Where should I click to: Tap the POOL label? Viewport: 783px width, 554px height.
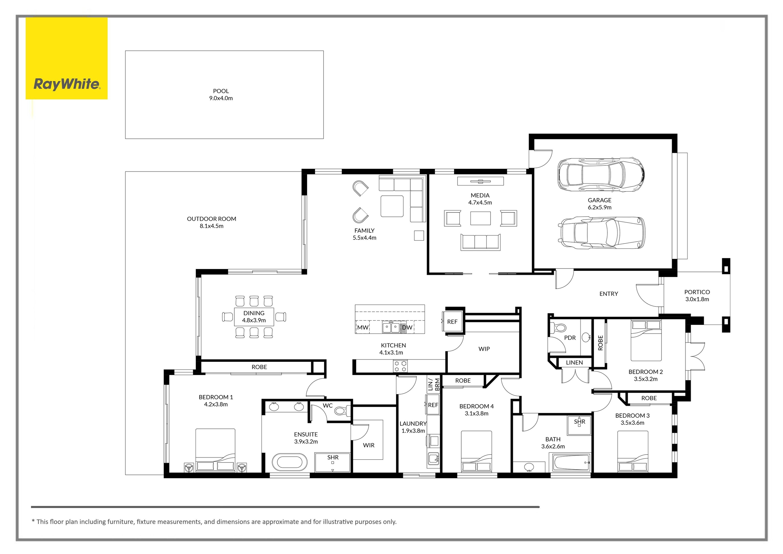(221, 91)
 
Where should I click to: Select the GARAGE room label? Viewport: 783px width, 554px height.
(600, 200)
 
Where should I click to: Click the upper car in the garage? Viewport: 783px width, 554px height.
(601, 174)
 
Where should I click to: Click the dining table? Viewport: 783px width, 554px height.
(254, 317)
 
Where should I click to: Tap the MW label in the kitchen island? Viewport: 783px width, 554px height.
(363, 328)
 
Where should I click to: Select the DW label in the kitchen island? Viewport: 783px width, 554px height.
(407, 328)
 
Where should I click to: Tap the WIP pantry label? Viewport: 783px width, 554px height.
(484, 349)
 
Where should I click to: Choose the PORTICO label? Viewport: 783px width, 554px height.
(697, 292)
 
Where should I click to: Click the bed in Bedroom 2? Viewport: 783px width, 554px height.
(646, 341)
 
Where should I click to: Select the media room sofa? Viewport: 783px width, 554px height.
(481, 242)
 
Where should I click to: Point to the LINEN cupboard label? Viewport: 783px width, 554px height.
(574, 363)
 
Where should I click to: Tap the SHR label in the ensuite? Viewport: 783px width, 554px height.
(333, 458)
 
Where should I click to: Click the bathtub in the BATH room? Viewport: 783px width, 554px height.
(572, 463)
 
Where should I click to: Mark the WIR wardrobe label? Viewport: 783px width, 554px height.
(369, 445)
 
